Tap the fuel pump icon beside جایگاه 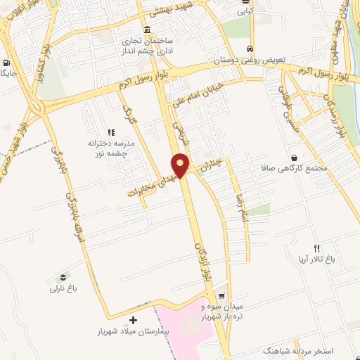[x=6, y=61]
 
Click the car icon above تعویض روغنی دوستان [x=250, y=49]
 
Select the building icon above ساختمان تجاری [x=146, y=30]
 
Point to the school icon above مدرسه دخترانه [x=110, y=131]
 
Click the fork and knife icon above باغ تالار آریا [x=316, y=248]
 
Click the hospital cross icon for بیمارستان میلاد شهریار [x=134, y=320]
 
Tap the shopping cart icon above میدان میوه [x=221, y=296]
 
